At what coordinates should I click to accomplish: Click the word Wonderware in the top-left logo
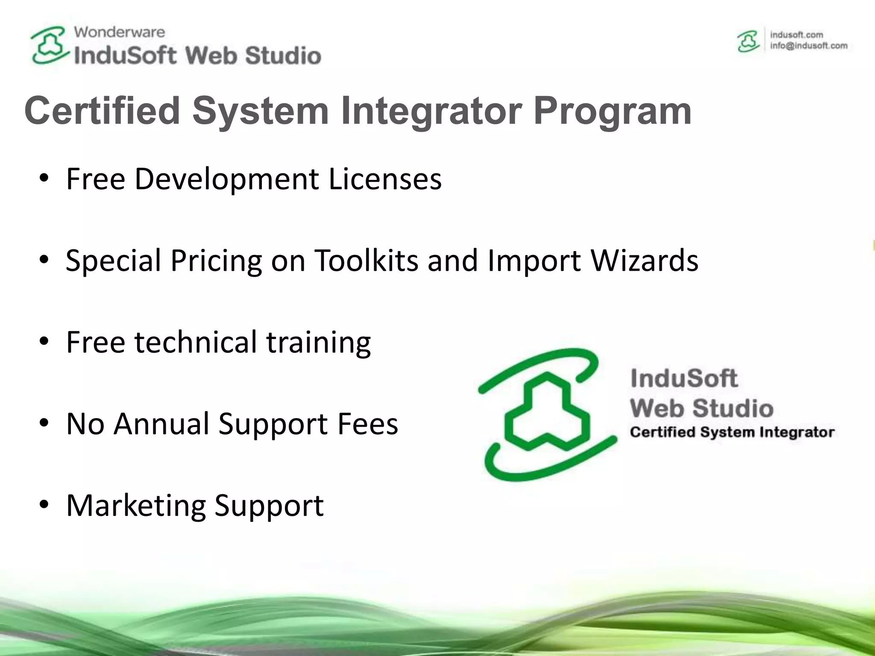tap(119, 32)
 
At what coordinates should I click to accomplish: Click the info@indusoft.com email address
tap(808, 46)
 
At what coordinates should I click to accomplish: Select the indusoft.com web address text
tap(796, 35)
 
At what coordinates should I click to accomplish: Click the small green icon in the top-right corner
tap(748, 41)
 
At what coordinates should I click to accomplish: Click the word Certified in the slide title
tap(102, 111)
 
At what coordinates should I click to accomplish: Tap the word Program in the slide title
tap(612, 111)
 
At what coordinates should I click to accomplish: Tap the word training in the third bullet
tap(318, 342)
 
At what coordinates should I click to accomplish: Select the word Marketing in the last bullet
tap(136, 505)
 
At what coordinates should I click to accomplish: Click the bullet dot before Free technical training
tap(44, 342)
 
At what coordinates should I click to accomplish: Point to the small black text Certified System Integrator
tap(732, 432)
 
